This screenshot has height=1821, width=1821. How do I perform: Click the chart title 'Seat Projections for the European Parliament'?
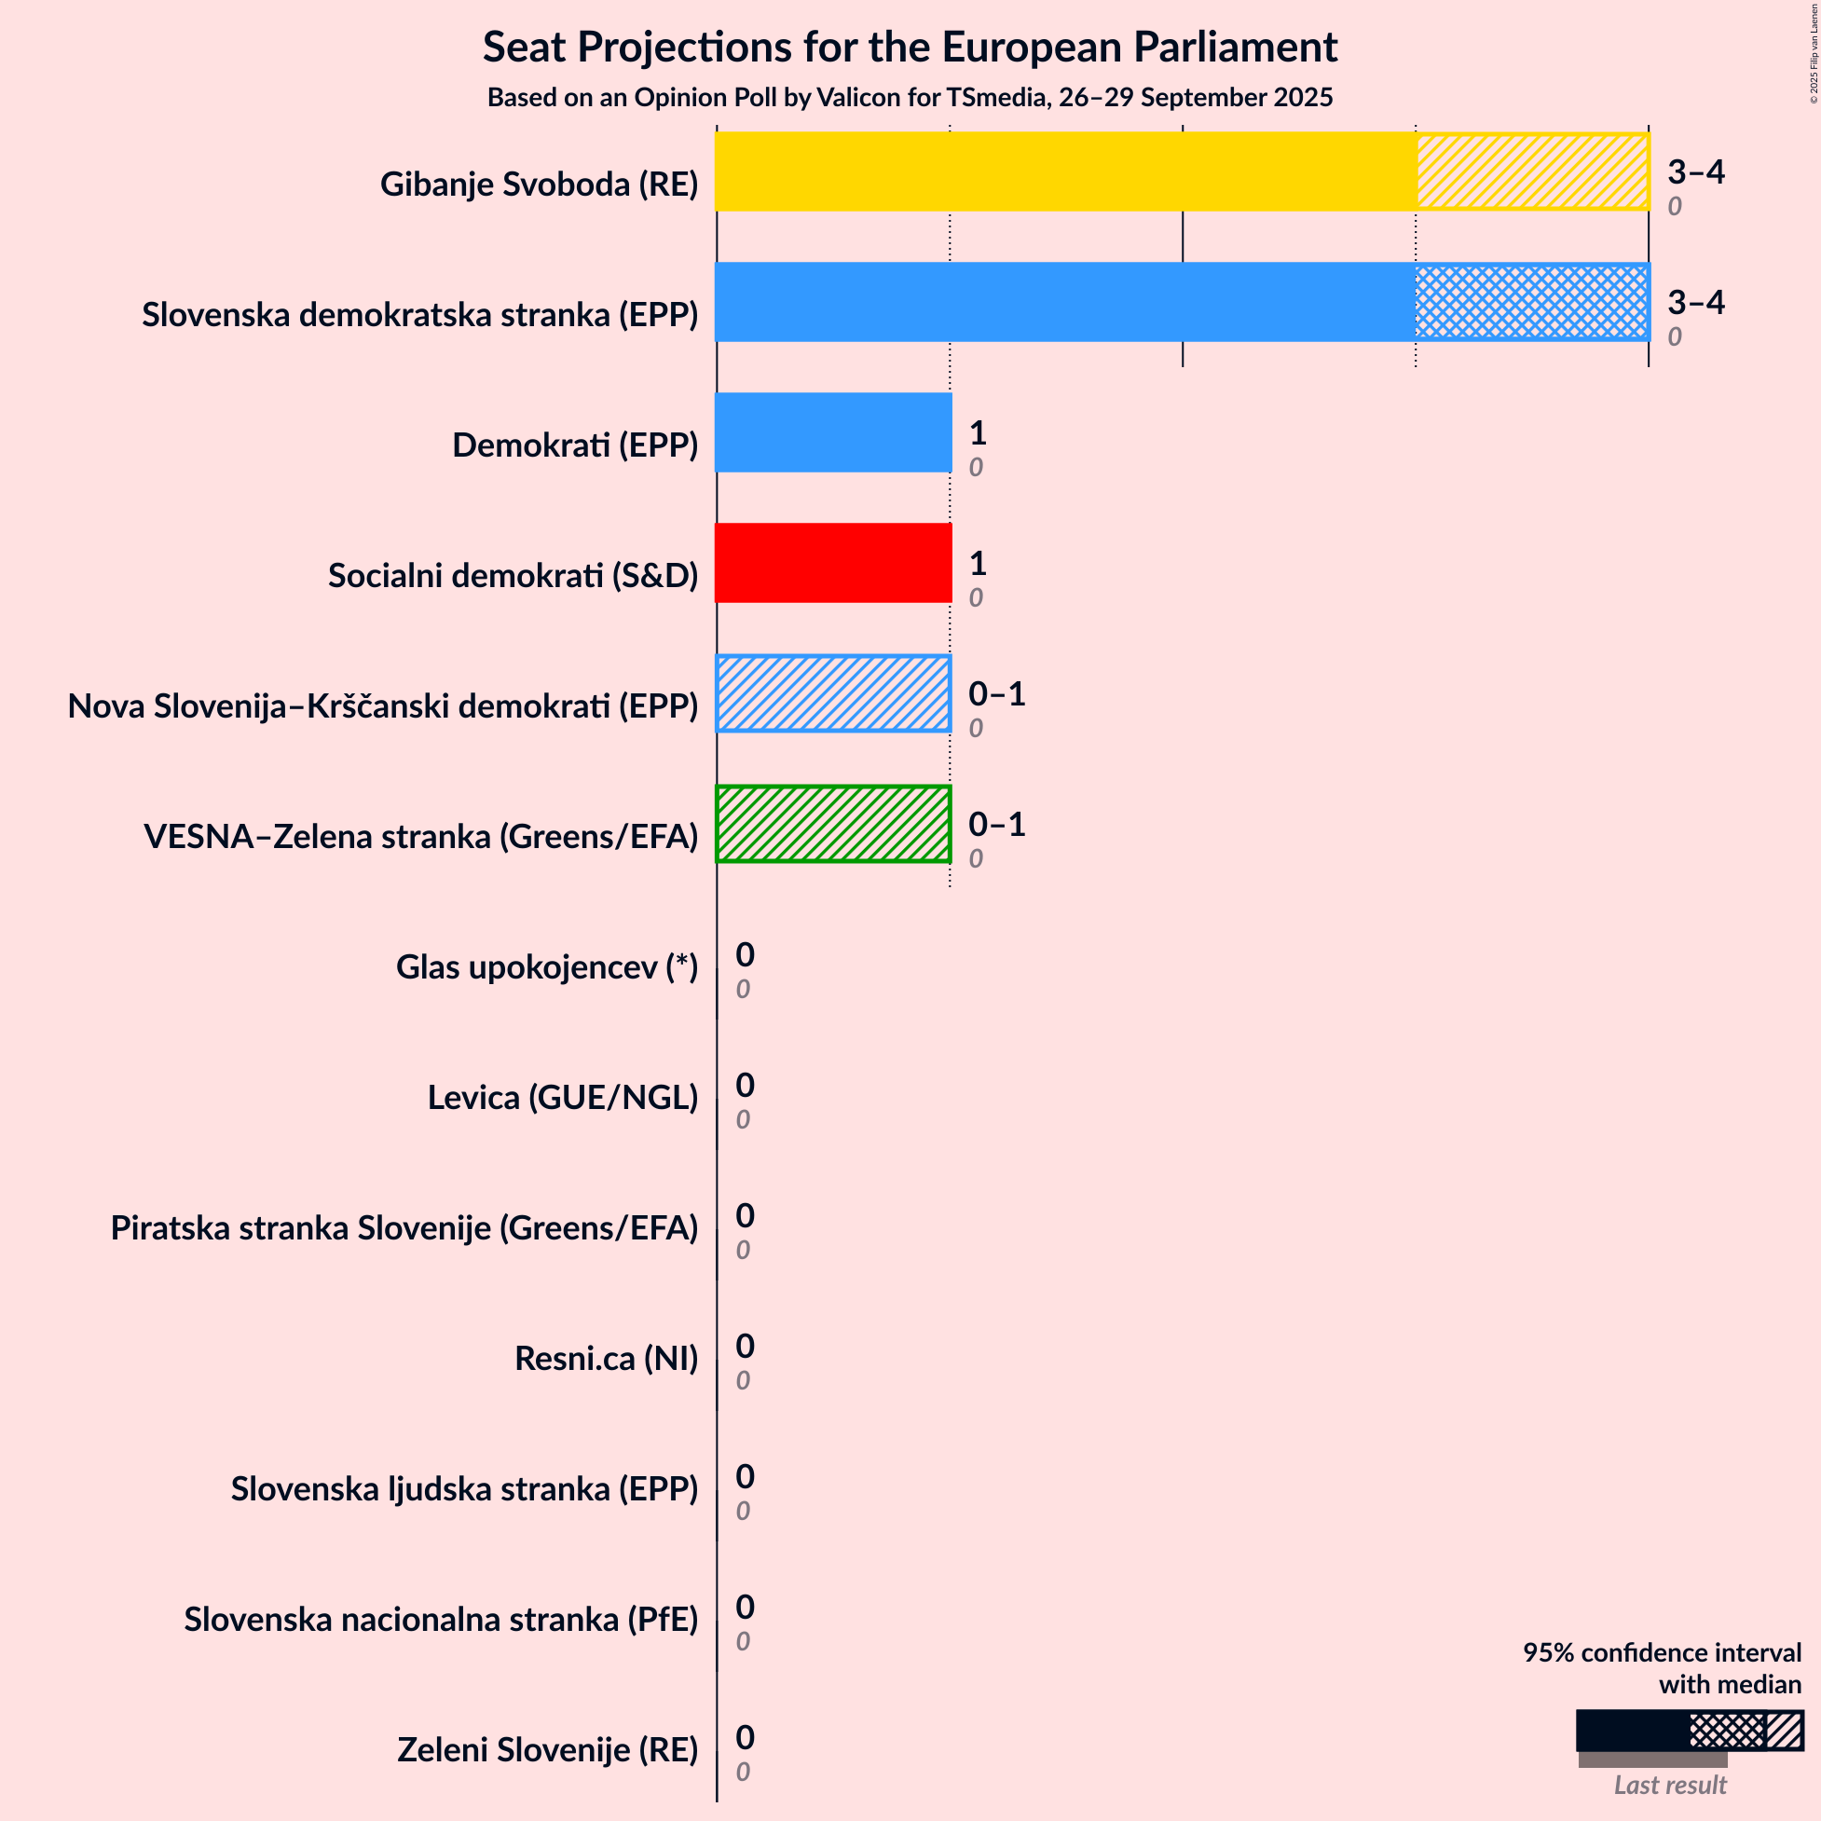pyautogui.click(x=910, y=48)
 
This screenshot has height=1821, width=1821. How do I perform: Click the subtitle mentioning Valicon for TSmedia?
pyautogui.click(x=910, y=98)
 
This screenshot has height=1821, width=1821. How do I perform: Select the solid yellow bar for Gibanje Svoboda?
pyautogui.click(x=1065, y=171)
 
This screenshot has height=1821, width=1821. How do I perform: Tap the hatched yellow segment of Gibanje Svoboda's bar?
pyautogui.click(x=1532, y=171)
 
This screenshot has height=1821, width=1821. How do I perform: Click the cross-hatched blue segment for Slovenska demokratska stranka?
pyautogui.click(x=1532, y=302)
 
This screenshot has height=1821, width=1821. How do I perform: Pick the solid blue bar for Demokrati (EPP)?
pyautogui.click(x=833, y=432)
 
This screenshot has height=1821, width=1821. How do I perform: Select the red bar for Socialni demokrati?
pyautogui.click(x=833, y=563)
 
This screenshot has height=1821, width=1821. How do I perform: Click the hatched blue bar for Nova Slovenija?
pyautogui.click(x=833, y=693)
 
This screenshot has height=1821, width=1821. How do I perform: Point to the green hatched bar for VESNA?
pyautogui.click(x=833, y=824)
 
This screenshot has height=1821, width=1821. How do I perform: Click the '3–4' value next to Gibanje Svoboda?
pyautogui.click(x=1695, y=171)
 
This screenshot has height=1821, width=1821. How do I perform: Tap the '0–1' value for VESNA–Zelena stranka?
pyautogui.click(x=996, y=825)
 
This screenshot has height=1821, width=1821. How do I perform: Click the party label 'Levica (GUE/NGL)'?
pyautogui.click(x=563, y=1097)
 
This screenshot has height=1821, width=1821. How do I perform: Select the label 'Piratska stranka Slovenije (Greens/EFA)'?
pyautogui.click(x=404, y=1227)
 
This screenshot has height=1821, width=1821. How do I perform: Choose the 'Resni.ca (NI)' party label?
pyautogui.click(x=606, y=1358)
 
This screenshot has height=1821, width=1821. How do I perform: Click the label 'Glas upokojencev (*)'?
pyautogui.click(x=547, y=967)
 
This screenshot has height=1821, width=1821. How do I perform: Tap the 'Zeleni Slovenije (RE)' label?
pyautogui.click(x=548, y=1749)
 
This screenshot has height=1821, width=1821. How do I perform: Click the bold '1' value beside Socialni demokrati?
pyautogui.click(x=978, y=564)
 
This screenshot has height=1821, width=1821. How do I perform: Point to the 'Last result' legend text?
pyautogui.click(x=1669, y=1786)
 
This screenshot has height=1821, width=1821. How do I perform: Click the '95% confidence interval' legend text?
pyautogui.click(x=1662, y=1653)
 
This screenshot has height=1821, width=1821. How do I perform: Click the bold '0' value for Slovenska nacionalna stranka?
pyautogui.click(x=745, y=1607)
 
